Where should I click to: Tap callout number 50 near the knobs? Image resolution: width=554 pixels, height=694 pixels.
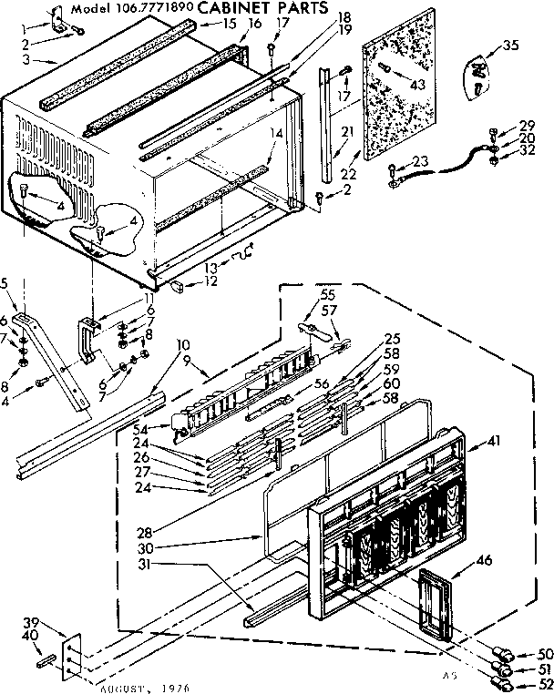(x=545, y=654)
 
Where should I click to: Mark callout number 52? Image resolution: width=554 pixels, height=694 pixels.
(x=545, y=685)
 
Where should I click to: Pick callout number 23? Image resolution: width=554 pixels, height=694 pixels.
(x=420, y=161)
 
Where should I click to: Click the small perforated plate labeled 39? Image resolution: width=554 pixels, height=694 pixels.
(x=68, y=655)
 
